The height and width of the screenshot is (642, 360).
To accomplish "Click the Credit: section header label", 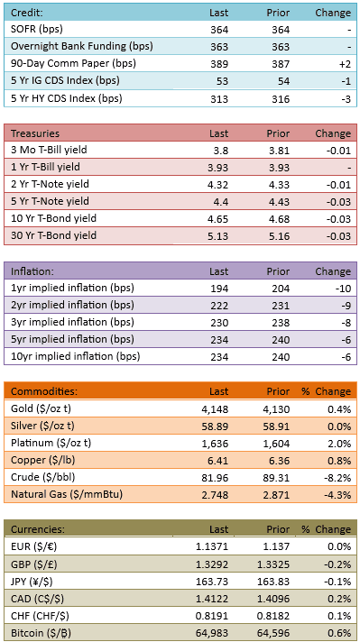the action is (27, 14).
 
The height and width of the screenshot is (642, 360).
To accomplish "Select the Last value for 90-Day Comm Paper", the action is (219, 64).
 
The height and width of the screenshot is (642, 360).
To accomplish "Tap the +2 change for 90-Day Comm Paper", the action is (345, 64).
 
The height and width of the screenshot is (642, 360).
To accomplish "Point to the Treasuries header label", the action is (35, 133).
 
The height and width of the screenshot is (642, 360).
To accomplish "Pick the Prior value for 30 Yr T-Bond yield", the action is (281, 236).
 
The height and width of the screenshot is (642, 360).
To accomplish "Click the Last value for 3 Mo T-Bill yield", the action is (222, 151).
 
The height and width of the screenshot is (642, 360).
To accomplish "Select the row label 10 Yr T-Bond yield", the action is (53, 218).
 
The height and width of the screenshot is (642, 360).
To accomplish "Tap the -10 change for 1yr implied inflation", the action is (343, 289).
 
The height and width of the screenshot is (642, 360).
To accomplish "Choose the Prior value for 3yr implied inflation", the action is (281, 323).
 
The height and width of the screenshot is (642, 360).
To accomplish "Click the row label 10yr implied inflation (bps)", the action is (76, 357).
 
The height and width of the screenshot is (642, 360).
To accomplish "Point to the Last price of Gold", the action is (217, 409).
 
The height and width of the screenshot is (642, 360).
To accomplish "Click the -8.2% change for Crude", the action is (339, 478).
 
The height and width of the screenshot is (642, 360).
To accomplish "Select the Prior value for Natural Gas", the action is (279, 495).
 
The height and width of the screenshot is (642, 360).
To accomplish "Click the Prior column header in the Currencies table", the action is (279, 529).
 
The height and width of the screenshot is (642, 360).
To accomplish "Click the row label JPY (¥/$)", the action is (32, 581).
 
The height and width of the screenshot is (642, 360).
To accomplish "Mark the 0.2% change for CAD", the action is (341, 598).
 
